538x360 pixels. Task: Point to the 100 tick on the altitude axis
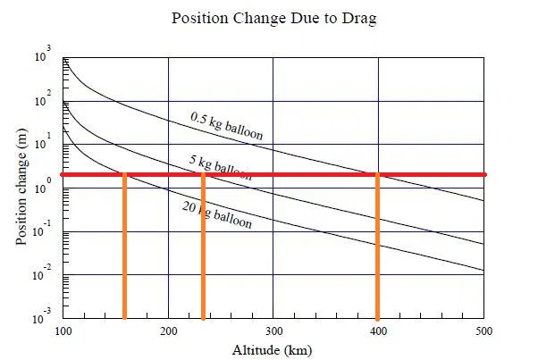click(x=63, y=331)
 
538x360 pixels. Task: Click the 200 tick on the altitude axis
click(x=169, y=331)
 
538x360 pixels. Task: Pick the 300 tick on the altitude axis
click(x=273, y=331)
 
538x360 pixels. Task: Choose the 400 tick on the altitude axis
click(x=379, y=331)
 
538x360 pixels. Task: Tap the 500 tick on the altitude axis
click(x=483, y=331)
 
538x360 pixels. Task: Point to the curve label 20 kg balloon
click(x=216, y=214)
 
